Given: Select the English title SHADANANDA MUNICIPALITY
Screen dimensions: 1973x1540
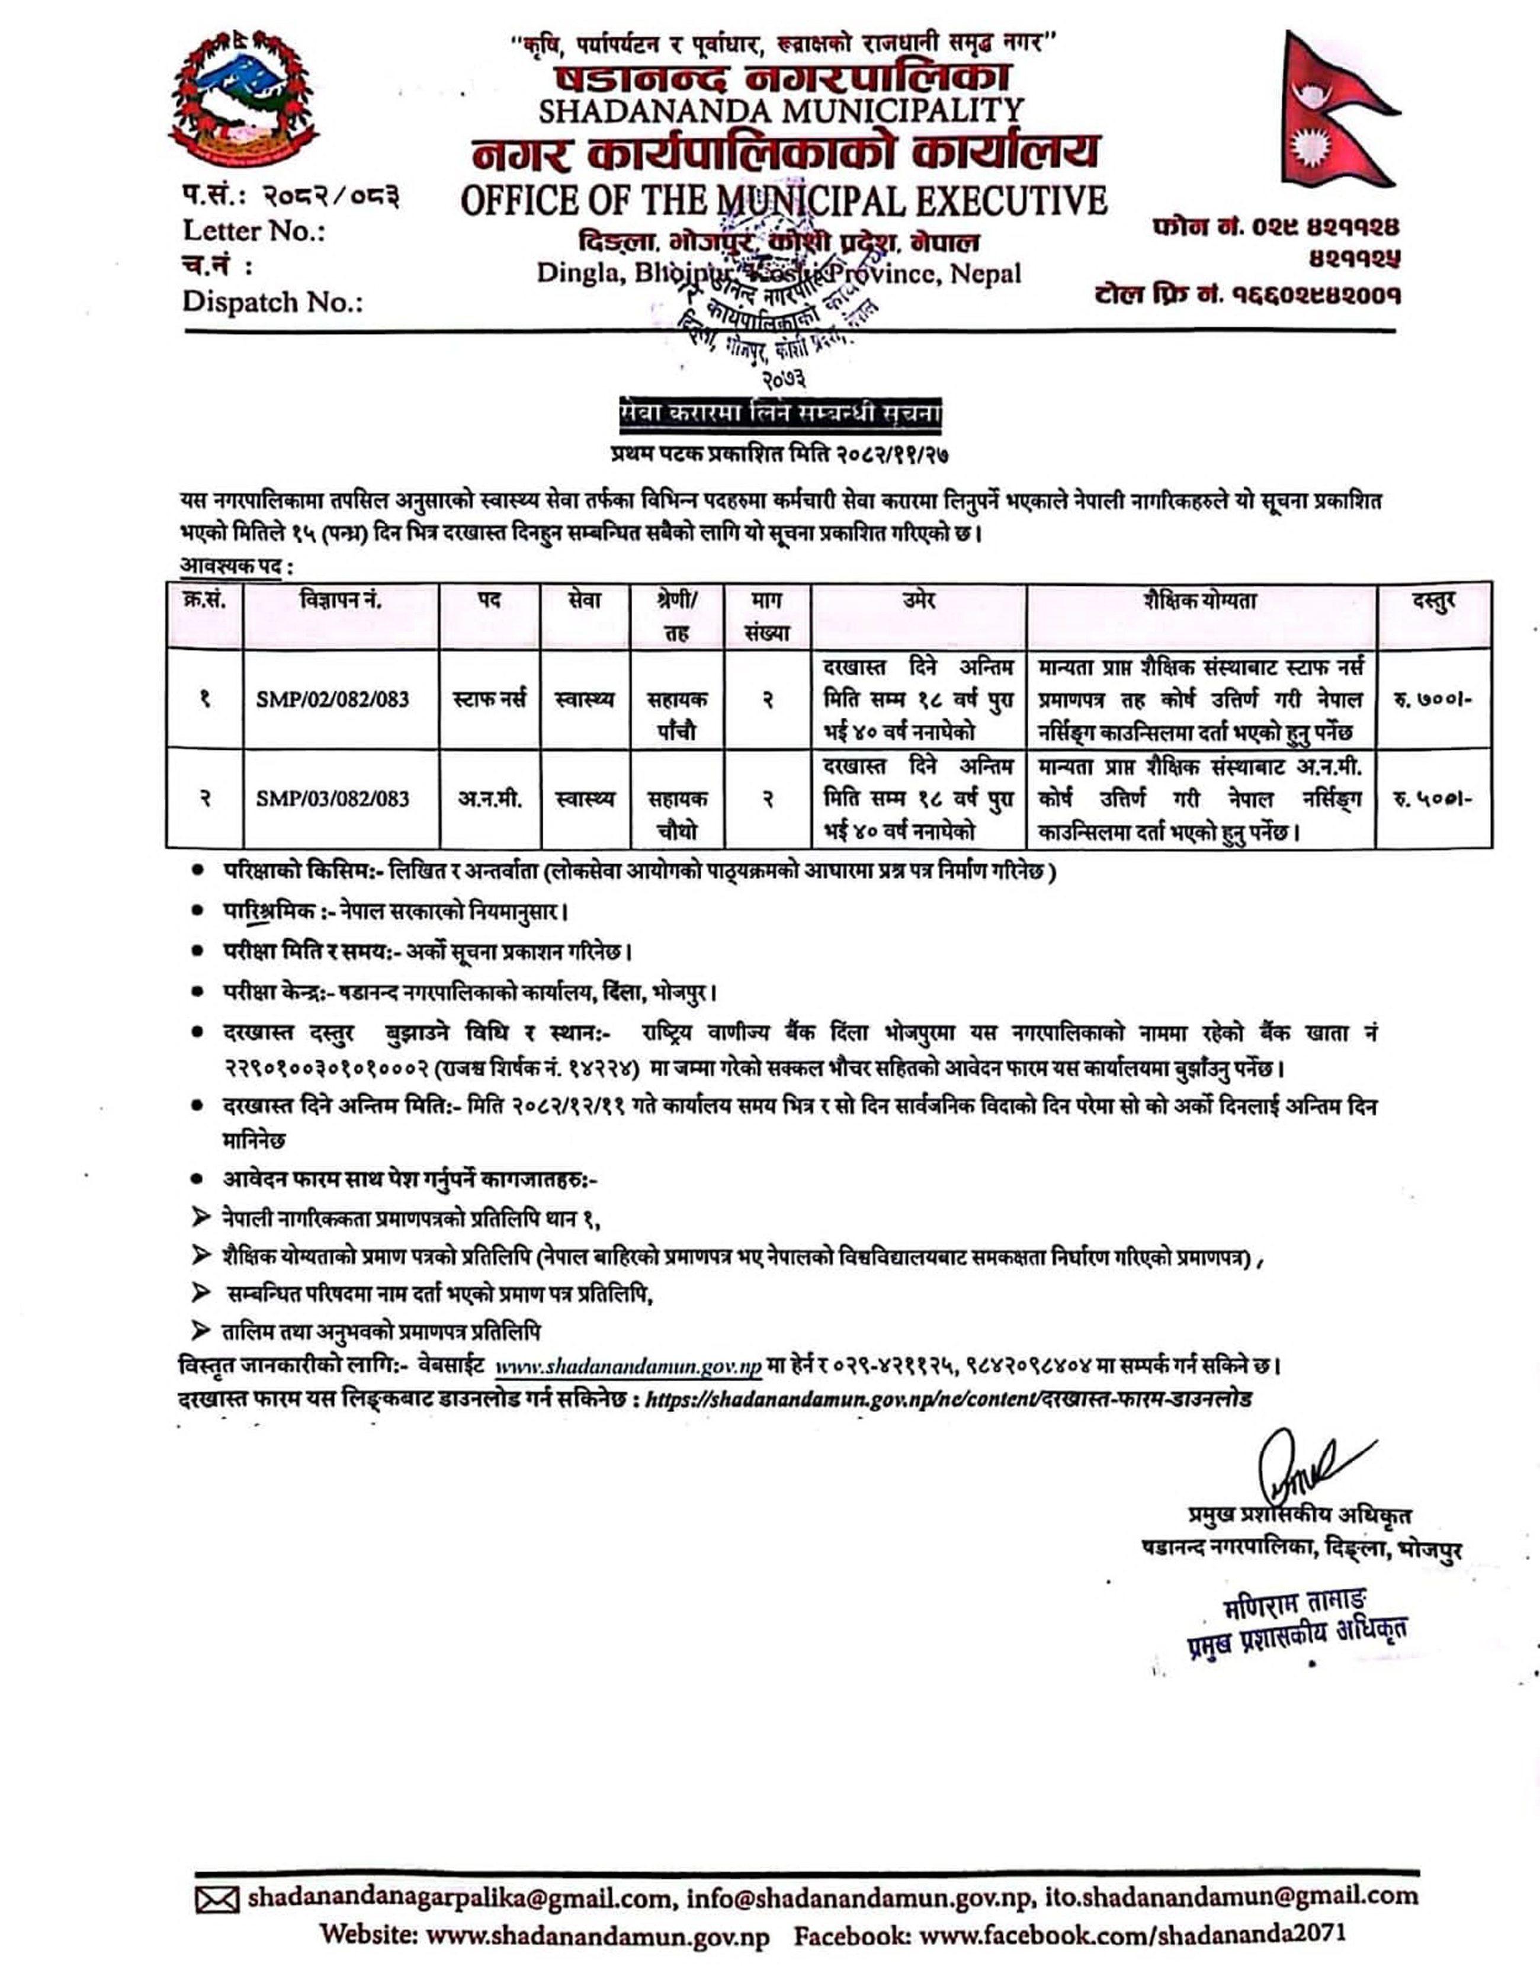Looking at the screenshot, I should click(781, 111).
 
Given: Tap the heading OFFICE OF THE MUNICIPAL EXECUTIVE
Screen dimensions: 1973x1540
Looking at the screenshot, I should click(783, 201).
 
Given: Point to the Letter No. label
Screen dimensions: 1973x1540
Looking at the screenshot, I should click(254, 231).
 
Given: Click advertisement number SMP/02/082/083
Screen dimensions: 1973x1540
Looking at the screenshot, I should click(332, 699).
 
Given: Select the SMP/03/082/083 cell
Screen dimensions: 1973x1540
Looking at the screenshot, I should click(332, 798).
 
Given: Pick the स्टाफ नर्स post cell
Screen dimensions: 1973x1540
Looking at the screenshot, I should click(489, 699).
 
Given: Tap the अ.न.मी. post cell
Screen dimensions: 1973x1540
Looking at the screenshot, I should click(489, 798).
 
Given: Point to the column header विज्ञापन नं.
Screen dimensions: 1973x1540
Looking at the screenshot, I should click(341, 601).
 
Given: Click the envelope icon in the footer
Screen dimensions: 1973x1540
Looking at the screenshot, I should click(217, 1900).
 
